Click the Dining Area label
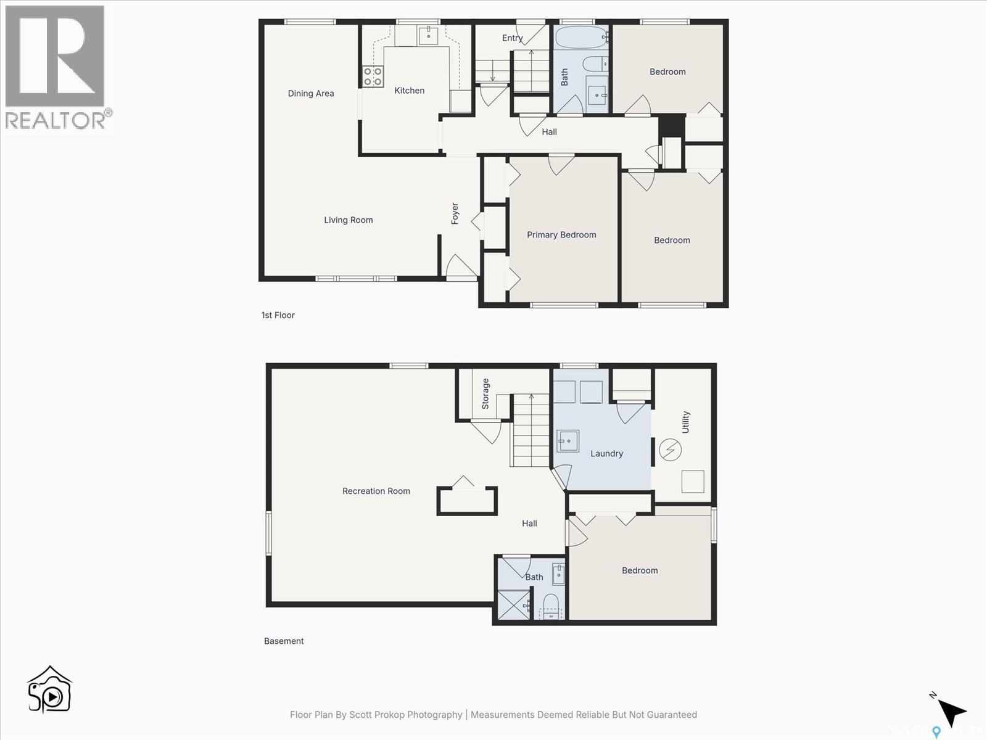pos(311,94)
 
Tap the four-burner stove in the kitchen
pos(373,76)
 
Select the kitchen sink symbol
pos(428,35)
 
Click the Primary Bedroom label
pos(561,235)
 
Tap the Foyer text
pos(455,213)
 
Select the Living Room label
pos(349,220)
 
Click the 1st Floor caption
pos(278,315)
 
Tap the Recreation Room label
pos(376,491)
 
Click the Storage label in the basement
pos(485,394)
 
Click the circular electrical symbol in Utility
pos(670,450)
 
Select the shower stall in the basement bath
pos(513,606)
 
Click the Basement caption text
pos(284,641)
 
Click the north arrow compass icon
pos(951,711)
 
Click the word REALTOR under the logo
pos(56,120)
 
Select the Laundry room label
pos(606,454)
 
